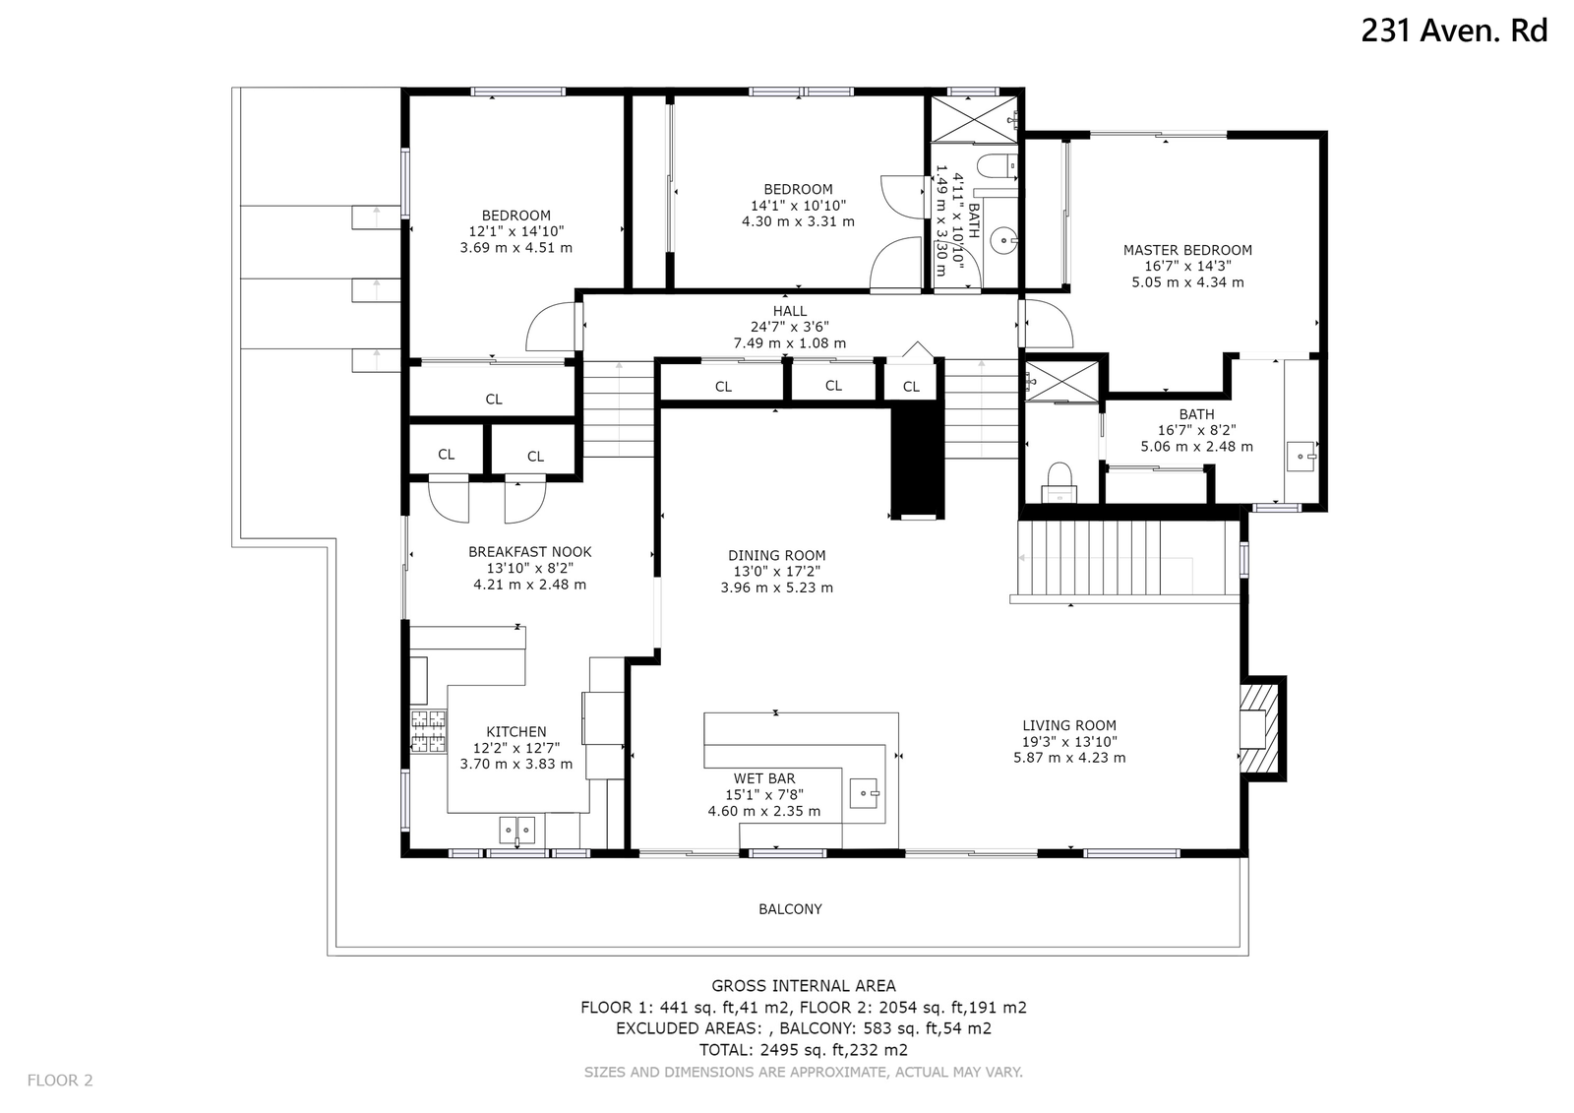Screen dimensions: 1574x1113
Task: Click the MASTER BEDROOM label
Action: (1187, 250)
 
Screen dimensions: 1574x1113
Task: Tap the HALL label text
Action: (790, 311)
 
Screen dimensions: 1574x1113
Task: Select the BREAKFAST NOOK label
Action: (530, 552)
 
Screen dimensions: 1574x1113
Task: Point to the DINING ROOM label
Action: (776, 555)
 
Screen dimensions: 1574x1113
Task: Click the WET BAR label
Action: (764, 778)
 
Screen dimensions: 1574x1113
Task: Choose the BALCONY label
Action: (790, 909)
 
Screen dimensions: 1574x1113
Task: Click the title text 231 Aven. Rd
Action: (1454, 31)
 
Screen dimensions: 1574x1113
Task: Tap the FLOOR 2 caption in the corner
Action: (60, 1080)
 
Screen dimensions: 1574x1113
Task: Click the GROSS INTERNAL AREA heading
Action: (803, 986)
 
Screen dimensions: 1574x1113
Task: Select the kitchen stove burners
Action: (428, 731)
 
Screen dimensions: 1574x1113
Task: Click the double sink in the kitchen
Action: (517, 831)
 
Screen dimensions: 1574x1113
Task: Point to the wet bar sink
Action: (864, 793)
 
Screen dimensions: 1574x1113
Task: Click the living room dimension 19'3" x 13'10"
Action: (1069, 741)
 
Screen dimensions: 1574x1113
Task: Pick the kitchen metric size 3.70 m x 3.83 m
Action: (516, 764)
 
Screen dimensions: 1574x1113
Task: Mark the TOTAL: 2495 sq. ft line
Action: (803, 1050)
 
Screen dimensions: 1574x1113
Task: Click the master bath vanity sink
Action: (1302, 457)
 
